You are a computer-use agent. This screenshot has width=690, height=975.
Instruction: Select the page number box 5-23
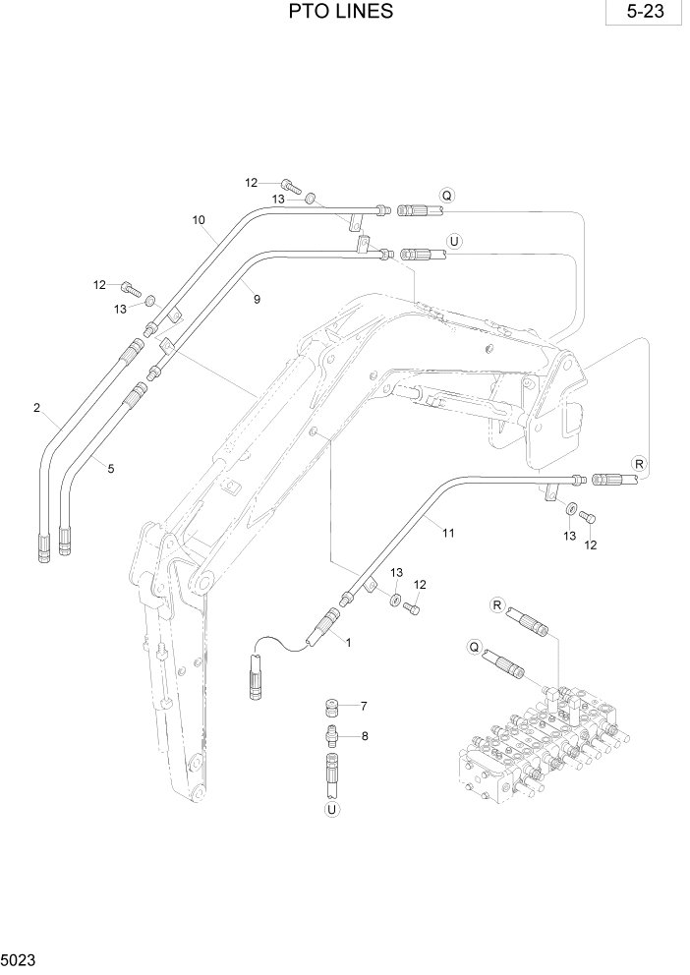pyautogui.click(x=645, y=15)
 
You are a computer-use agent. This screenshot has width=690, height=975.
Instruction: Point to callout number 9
pyautogui.click(x=257, y=299)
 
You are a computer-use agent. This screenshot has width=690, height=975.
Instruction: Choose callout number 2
pyautogui.click(x=36, y=407)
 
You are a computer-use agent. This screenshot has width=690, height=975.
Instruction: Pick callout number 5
pyautogui.click(x=111, y=469)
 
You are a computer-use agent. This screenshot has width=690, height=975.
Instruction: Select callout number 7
pyautogui.click(x=363, y=706)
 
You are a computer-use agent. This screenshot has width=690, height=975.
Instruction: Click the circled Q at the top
pyautogui.click(x=447, y=195)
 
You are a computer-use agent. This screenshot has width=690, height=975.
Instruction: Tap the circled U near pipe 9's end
pyautogui.click(x=453, y=240)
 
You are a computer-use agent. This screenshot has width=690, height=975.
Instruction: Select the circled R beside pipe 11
pyautogui.click(x=639, y=464)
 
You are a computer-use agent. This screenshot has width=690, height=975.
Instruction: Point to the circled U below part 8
pyautogui.click(x=331, y=809)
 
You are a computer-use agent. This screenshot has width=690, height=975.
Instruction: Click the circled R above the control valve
pyautogui.click(x=496, y=604)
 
